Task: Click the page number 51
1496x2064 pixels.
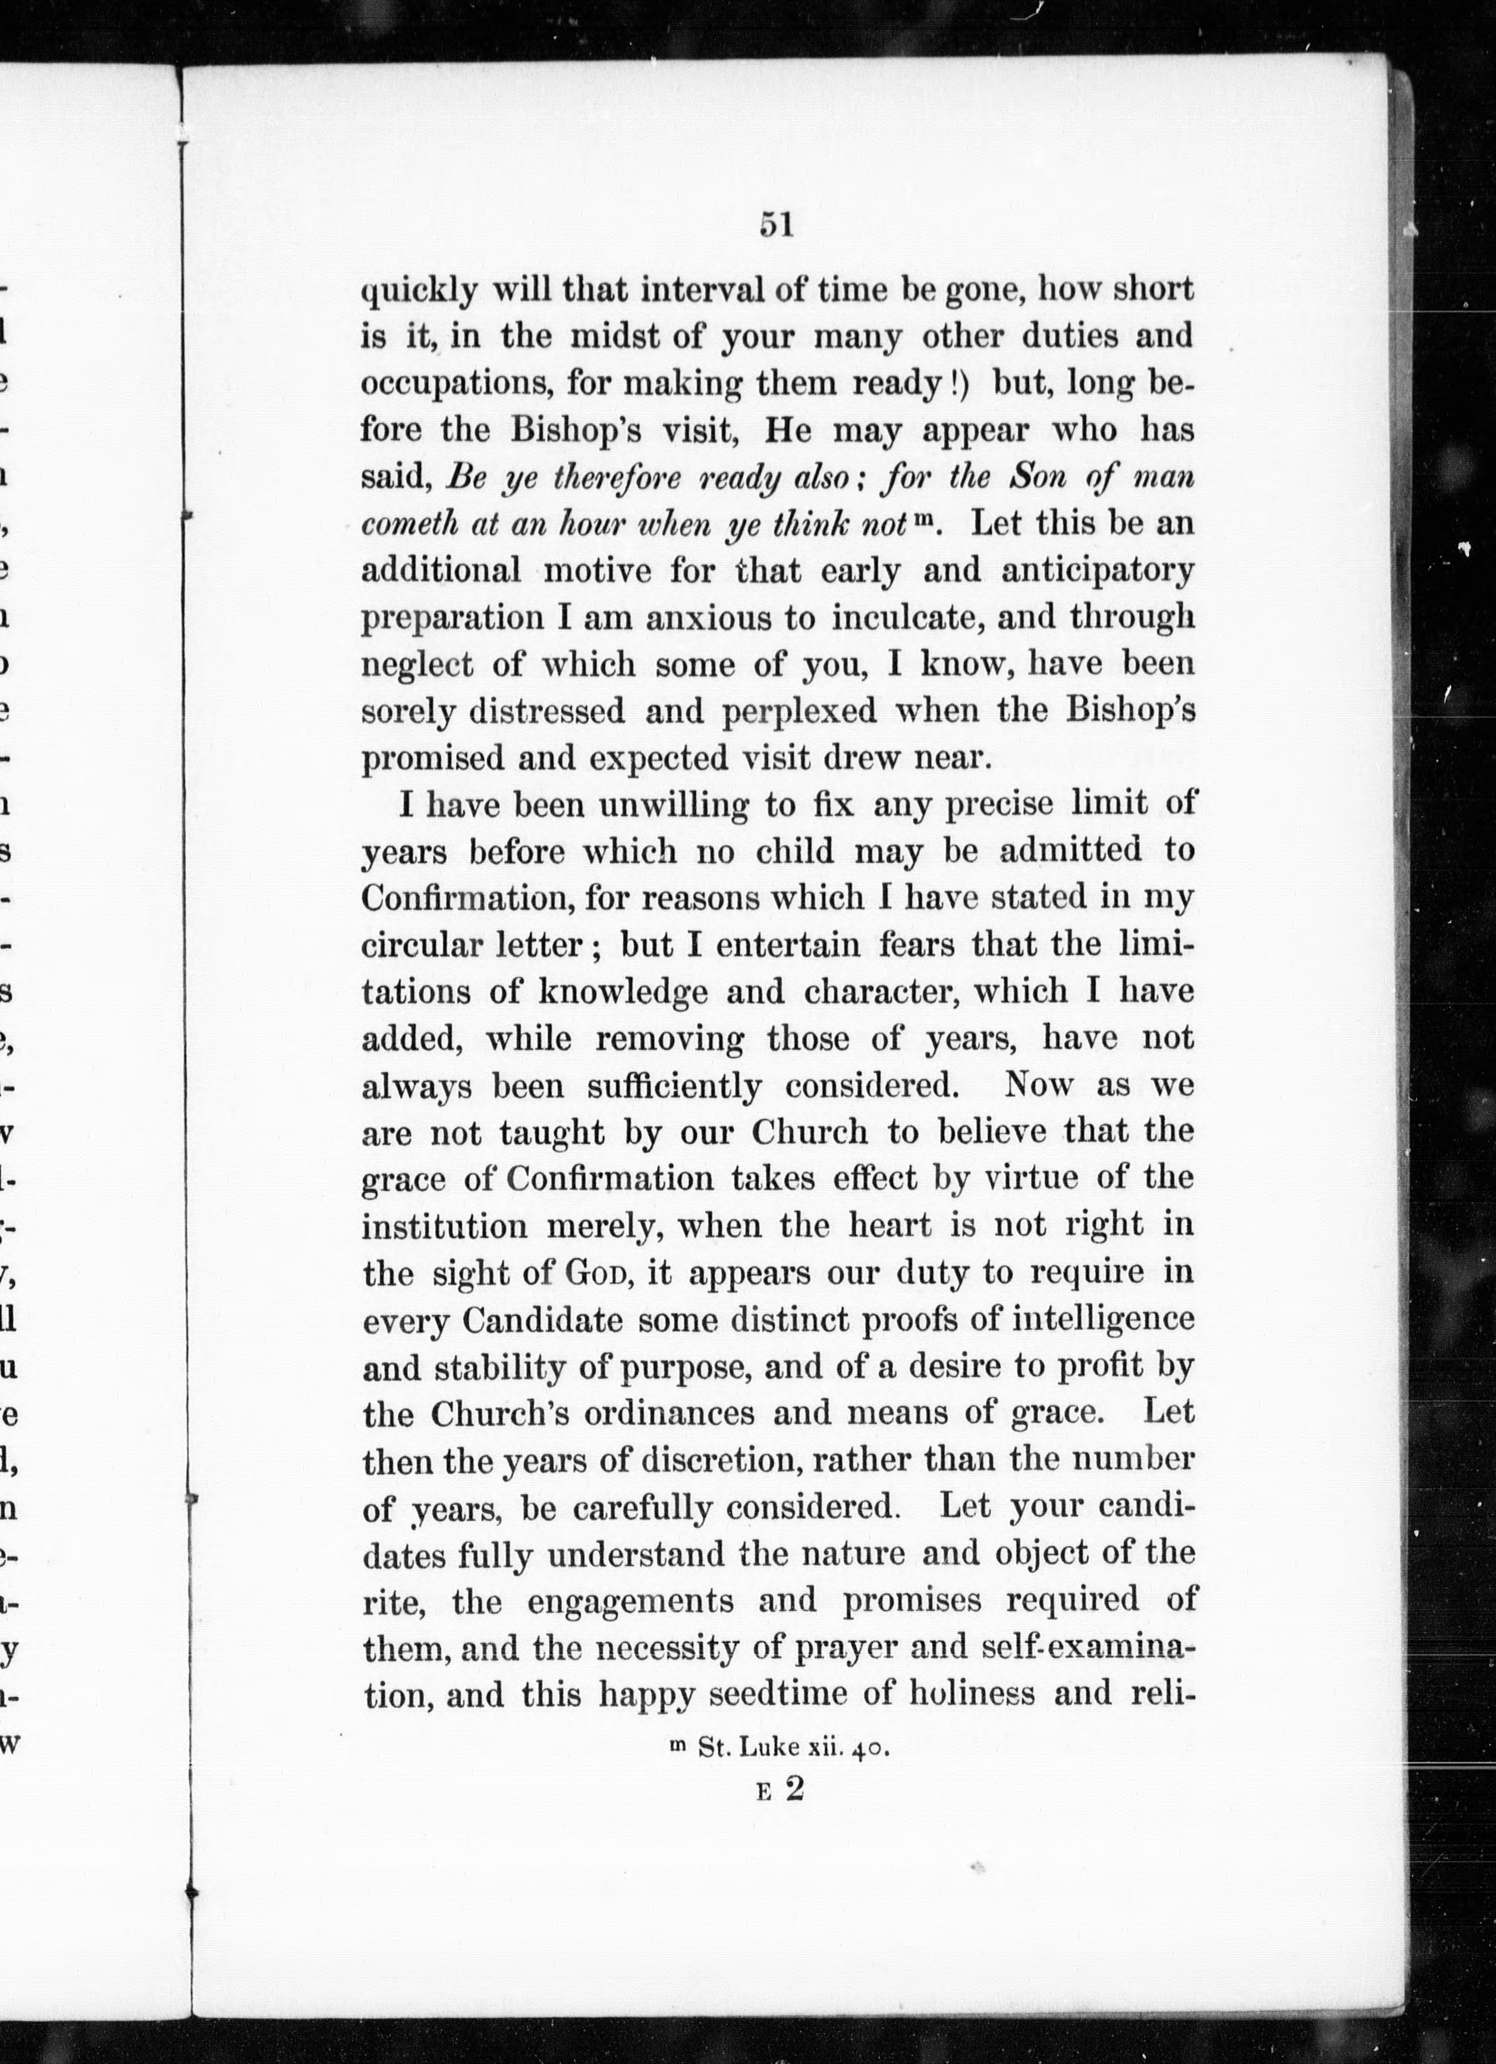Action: point(776,224)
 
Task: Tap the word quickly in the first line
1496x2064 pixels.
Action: point(420,292)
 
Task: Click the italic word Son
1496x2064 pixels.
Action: point(1041,477)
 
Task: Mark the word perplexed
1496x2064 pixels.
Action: point(799,712)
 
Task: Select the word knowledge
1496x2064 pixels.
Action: point(623,992)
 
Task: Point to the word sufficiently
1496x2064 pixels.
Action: point(674,1087)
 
